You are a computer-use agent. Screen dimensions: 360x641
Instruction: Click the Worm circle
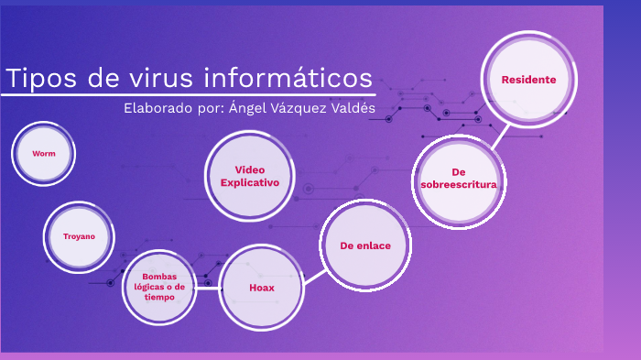[x=44, y=154]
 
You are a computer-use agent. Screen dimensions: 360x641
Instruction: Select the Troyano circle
[x=79, y=236]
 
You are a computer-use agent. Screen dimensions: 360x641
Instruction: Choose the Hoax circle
[x=262, y=288]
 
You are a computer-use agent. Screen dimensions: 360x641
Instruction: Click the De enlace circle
[x=365, y=245]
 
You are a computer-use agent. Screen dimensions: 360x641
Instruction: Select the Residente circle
[x=528, y=80]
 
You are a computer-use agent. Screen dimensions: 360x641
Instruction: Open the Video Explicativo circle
[x=249, y=176]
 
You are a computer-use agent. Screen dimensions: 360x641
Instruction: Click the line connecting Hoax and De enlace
[x=313, y=270]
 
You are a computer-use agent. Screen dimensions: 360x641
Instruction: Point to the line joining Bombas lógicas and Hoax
[x=208, y=288]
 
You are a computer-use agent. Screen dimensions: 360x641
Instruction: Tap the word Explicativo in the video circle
[x=249, y=182]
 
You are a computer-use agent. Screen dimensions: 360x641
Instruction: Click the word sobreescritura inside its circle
[x=458, y=184]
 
